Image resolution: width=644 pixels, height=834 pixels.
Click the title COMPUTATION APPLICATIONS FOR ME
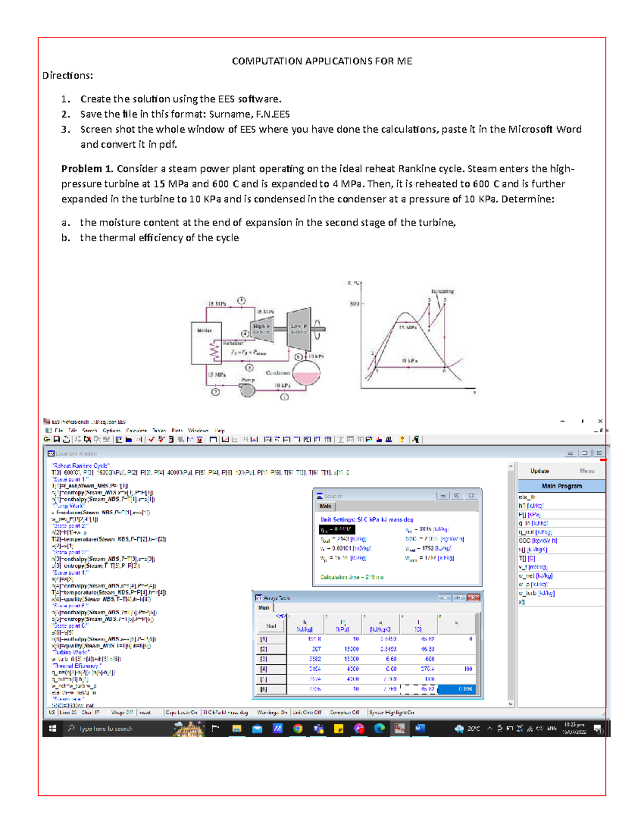[x=322, y=61]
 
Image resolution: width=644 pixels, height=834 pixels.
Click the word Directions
[x=68, y=76]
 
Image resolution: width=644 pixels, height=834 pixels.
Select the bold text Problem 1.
[x=87, y=169]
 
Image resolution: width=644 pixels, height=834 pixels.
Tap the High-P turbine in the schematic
[x=261, y=329]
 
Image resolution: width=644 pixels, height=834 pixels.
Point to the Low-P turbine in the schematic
[x=299, y=328]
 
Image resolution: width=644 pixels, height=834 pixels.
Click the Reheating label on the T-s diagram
[x=442, y=292]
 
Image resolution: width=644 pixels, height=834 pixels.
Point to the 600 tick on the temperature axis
[x=355, y=304]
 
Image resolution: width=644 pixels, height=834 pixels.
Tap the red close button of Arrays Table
[x=473, y=597]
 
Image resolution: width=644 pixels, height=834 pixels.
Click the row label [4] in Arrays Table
[x=264, y=669]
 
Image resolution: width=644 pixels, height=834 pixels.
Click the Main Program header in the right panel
[x=561, y=486]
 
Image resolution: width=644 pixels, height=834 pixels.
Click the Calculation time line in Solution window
[x=352, y=577]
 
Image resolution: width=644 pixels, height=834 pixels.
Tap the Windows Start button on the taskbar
[x=53, y=729]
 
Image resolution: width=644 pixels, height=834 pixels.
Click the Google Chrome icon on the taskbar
[x=298, y=729]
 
